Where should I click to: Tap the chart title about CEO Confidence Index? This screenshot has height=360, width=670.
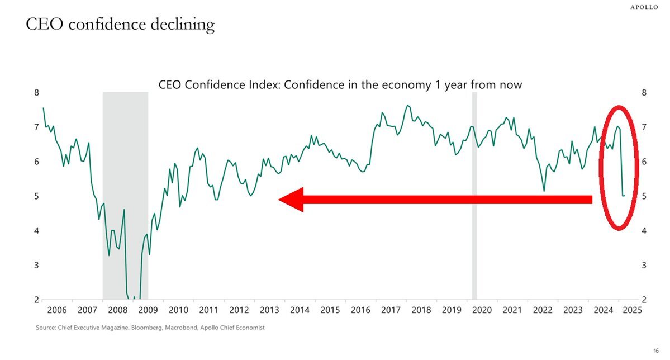[340, 85]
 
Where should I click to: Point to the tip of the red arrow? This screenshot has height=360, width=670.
[279, 200]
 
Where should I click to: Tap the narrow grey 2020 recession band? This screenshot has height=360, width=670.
[474, 196]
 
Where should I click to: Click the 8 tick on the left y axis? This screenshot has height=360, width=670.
[37, 93]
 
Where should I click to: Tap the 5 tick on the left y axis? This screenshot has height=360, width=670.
[37, 196]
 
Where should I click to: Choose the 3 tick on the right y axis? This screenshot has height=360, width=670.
[644, 265]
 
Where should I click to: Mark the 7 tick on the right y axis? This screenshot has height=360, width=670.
[644, 127]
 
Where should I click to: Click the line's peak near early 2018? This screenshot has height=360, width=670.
[407, 105]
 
